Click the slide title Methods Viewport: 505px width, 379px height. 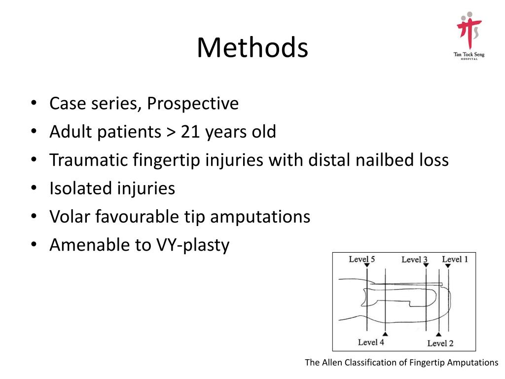252,48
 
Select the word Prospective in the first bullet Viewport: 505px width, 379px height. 193,104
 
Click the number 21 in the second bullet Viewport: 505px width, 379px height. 190,132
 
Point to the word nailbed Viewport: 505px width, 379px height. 382,160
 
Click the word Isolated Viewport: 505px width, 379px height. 80,189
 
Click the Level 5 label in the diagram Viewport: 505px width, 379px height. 362,259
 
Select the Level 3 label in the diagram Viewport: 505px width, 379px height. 414,260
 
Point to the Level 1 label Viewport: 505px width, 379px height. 455,259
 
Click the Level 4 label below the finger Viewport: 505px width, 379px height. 371,342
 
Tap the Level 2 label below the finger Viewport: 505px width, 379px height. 440,343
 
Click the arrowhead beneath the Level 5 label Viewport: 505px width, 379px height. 367,266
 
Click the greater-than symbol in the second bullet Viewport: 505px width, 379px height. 170,133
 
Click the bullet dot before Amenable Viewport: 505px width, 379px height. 34,245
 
